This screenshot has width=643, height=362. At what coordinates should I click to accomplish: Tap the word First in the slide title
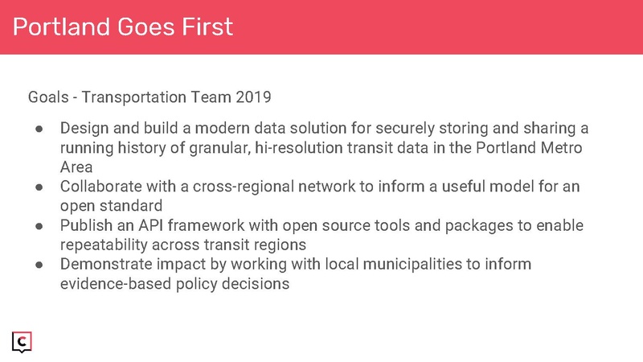202,27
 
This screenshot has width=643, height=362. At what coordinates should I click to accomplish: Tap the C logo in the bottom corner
23,341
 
